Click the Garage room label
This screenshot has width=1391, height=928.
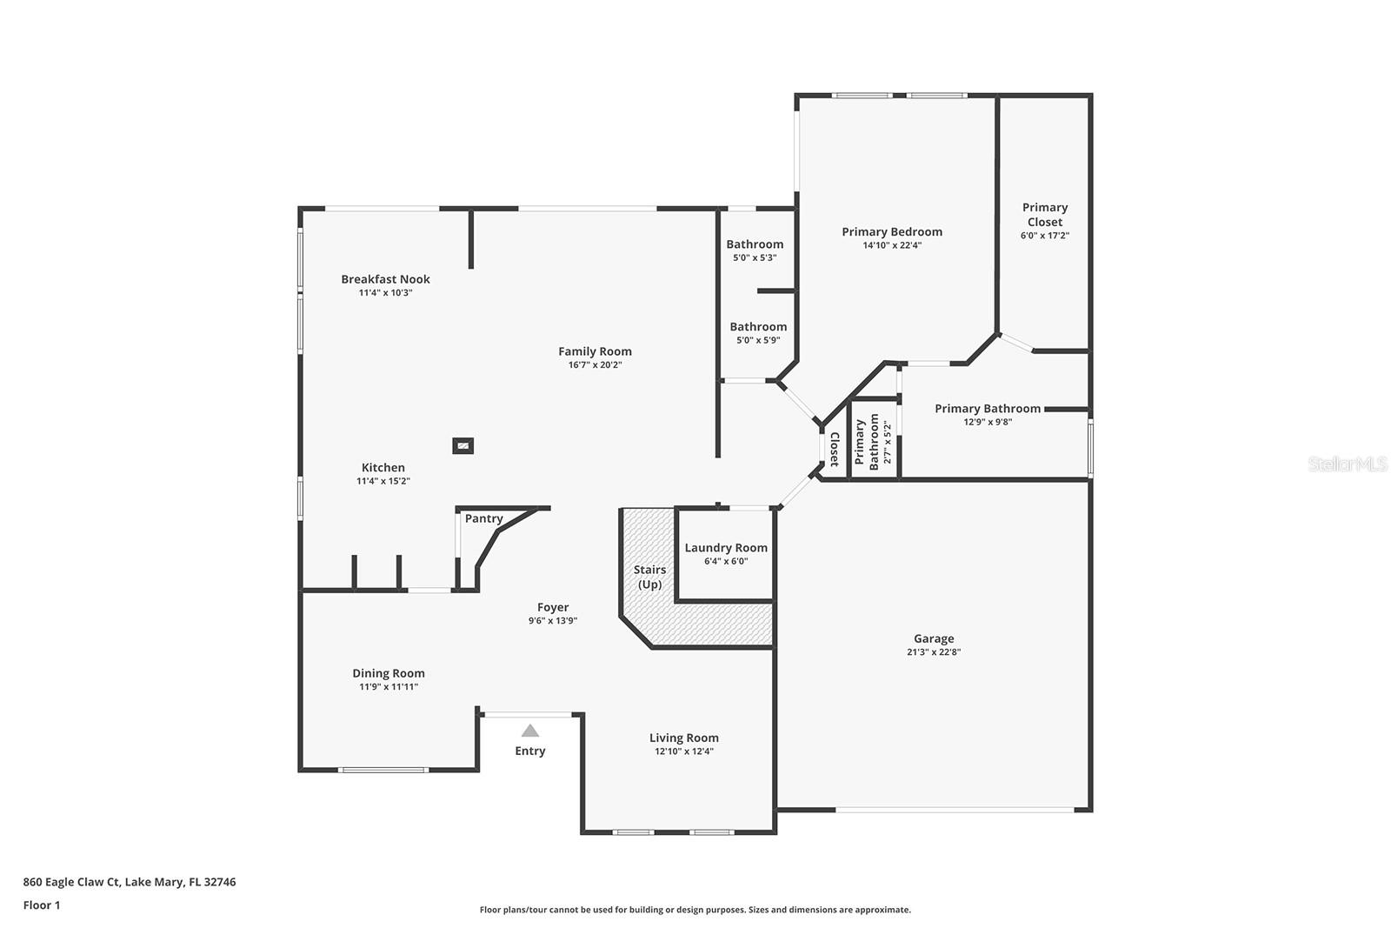934,638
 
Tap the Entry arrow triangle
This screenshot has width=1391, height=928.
529,731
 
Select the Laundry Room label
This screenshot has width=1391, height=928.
726,548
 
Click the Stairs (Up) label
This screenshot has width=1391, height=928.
649,577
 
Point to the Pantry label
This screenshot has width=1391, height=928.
483,518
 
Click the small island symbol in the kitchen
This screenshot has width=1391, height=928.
463,446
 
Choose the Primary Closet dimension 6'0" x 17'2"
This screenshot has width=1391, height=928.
1044,236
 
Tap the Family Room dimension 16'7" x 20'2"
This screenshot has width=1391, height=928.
595,365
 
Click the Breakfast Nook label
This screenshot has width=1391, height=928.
385,279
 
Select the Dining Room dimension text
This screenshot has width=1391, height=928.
389,687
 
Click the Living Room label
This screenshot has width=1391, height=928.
683,738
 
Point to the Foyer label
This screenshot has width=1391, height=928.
553,607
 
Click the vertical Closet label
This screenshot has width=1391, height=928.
834,450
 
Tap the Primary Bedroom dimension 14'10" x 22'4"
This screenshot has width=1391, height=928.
892,245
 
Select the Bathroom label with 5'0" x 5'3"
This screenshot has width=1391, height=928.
755,244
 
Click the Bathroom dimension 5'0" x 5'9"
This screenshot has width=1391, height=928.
758,340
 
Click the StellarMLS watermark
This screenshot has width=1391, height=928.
1348,464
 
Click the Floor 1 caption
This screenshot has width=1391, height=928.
42,905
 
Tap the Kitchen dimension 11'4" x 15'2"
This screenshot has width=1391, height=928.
383,481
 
